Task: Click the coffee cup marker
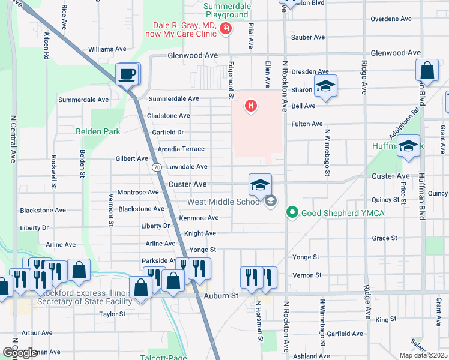click(127, 74)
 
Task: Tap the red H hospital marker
click(251, 107)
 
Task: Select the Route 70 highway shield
click(156, 167)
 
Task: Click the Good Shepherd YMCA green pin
click(292, 212)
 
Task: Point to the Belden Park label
click(98, 131)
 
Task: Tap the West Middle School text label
click(226, 202)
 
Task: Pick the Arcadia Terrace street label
click(181, 149)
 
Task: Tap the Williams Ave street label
click(107, 49)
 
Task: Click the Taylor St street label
click(112, 314)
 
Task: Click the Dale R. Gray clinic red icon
click(226, 28)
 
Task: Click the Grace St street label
click(385, 238)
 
